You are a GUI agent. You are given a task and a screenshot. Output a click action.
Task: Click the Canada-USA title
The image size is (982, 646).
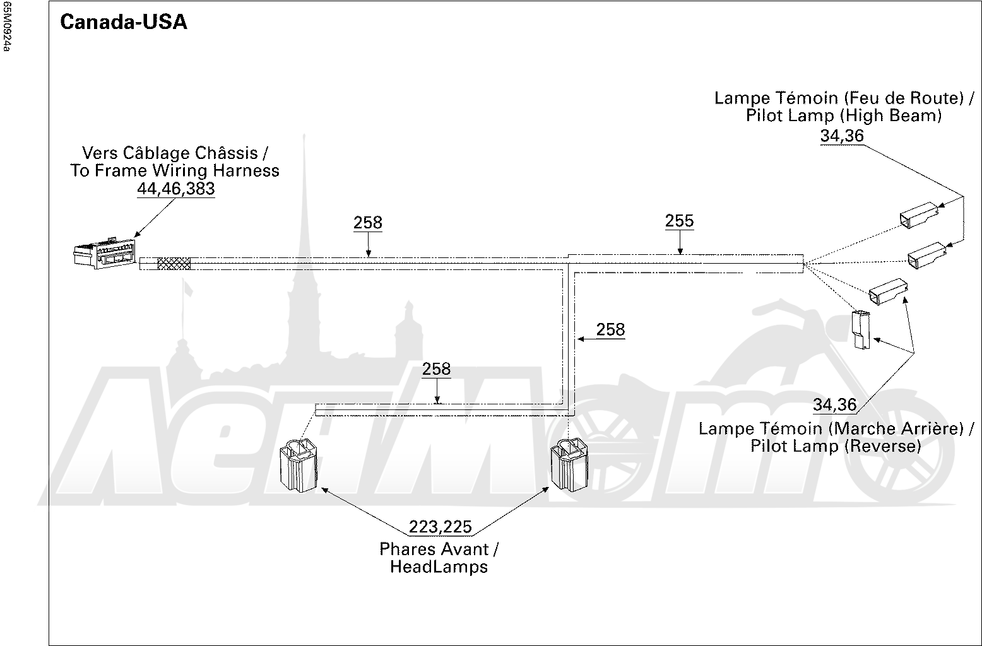click(123, 22)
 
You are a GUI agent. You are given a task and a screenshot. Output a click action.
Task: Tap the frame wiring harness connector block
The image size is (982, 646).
click(105, 254)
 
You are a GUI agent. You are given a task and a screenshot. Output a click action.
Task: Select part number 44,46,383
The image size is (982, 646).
click(176, 189)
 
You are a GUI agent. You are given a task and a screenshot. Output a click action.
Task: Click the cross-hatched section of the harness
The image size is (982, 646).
click(174, 264)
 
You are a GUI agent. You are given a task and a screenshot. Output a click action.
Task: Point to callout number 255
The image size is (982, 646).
click(679, 221)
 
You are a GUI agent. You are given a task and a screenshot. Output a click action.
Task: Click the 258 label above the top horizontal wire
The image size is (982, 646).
click(368, 223)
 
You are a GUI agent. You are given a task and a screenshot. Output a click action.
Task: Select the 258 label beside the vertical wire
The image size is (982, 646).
click(610, 329)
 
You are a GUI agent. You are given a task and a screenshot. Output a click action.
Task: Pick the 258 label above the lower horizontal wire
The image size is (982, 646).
click(436, 369)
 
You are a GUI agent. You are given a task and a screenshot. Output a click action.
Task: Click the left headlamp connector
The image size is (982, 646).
click(298, 465)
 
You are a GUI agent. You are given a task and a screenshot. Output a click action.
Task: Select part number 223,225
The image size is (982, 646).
click(440, 527)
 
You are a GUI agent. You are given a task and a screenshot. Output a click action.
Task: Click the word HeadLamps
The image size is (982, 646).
click(439, 567)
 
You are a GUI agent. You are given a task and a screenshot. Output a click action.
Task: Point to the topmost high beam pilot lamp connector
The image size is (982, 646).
click(919, 214)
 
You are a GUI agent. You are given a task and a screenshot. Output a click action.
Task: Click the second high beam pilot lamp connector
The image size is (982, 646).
click(926, 255)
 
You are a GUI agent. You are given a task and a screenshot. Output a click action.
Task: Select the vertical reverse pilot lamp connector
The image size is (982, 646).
click(861, 329)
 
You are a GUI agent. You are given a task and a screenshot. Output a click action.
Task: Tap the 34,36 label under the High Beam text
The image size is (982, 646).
click(842, 136)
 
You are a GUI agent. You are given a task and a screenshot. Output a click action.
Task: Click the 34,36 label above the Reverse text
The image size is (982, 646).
click(835, 405)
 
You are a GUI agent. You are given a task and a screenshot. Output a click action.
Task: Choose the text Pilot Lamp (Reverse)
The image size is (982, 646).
click(836, 446)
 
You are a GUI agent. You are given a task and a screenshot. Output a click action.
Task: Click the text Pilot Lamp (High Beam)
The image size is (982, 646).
click(844, 116)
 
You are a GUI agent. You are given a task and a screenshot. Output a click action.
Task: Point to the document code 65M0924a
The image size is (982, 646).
click(6, 26)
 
